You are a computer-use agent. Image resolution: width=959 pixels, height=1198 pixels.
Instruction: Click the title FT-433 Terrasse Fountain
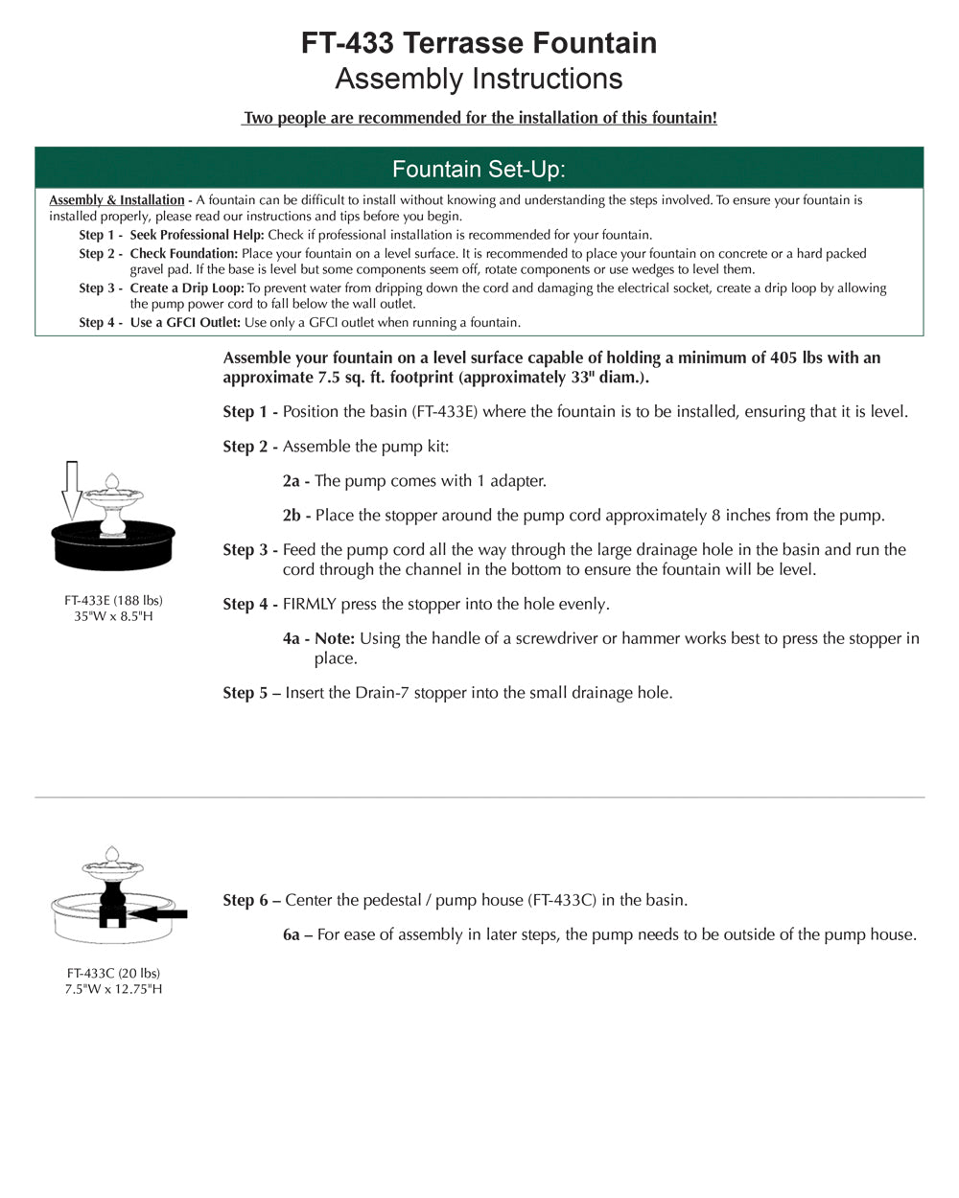pos(479,43)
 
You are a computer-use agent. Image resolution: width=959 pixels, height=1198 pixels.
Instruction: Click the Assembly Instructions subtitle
pos(479,79)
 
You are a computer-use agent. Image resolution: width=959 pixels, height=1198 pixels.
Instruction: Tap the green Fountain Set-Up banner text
pos(479,170)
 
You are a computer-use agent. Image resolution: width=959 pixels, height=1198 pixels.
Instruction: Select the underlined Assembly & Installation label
pos(117,200)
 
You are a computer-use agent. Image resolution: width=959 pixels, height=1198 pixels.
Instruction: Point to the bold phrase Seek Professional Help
pos(197,235)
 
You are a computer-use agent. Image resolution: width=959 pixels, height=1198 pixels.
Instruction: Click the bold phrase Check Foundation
pos(183,254)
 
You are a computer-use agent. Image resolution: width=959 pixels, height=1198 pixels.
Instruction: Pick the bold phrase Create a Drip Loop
pos(187,288)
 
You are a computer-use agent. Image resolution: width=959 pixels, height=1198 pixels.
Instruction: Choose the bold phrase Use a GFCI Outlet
pos(185,323)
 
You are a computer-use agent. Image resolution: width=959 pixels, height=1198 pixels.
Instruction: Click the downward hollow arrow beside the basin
pos(70,489)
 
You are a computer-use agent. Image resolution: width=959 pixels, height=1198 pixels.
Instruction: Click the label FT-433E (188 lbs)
pos(113,601)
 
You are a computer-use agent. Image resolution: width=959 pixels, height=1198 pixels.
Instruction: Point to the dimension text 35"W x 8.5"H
pos(113,616)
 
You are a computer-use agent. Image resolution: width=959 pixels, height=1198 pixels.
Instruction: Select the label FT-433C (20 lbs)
pos(113,974)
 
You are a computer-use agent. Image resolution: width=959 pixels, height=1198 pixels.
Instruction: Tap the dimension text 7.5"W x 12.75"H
pos(113,989)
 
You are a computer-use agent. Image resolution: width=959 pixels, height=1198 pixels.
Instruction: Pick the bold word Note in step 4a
pos(335,639)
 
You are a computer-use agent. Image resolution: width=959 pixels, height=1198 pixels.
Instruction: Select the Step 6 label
pos(251,901)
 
